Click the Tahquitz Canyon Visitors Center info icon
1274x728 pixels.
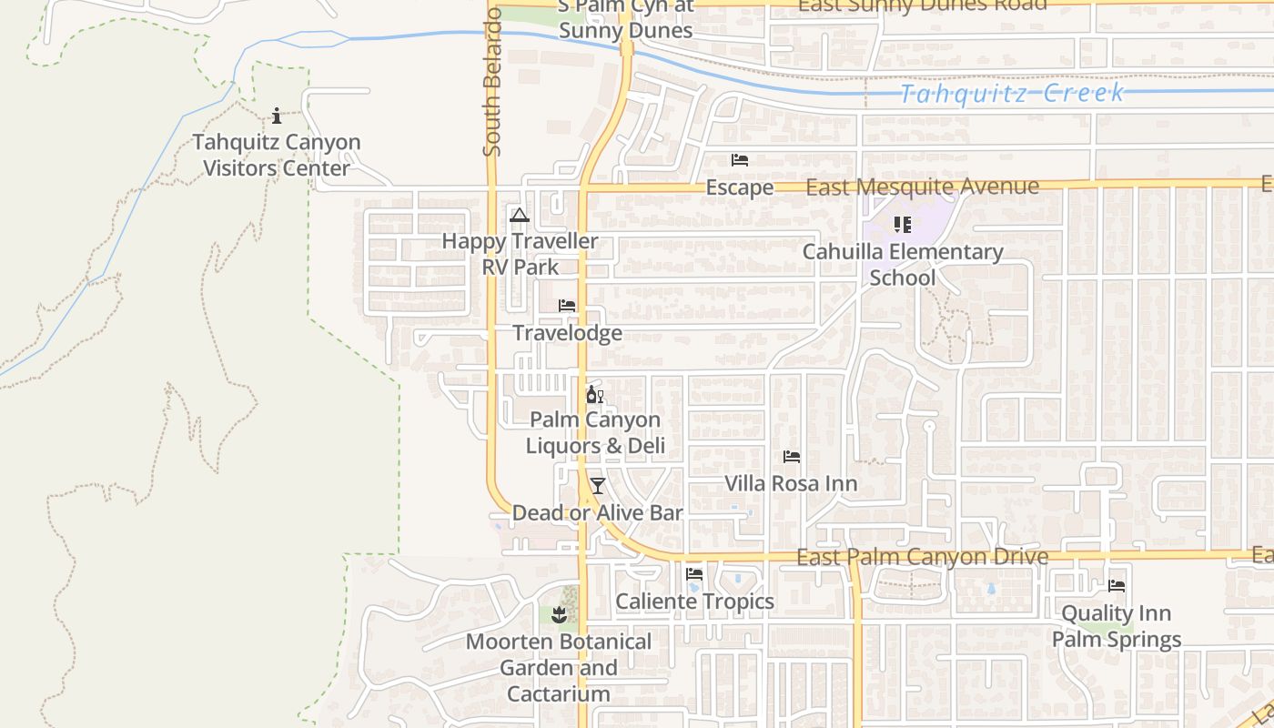point(277,116)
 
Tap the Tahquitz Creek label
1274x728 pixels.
point(1012,94)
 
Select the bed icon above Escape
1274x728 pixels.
point(740,160)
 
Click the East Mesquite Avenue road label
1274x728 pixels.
point(922,187)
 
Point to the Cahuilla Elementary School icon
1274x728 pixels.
point(902,224)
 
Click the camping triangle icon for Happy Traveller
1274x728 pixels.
point(520,216)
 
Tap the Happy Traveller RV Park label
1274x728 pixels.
point(521,254)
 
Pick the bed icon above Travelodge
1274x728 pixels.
point(567,306)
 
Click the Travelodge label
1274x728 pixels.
point(568,333)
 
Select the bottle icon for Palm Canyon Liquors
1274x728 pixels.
point(594,395)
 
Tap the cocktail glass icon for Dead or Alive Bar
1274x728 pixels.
point(597,486)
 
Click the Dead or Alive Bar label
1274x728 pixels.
point(597,513)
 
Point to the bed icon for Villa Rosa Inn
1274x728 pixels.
point(792,457)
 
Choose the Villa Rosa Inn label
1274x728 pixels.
point(791,483)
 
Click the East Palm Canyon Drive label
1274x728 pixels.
point(922,557)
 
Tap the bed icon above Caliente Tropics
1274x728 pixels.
point(694,574)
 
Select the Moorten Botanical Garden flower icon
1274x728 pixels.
point(560,615)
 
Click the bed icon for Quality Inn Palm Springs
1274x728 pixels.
point(1117,586)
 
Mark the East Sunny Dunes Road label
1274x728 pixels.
point(922,5)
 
